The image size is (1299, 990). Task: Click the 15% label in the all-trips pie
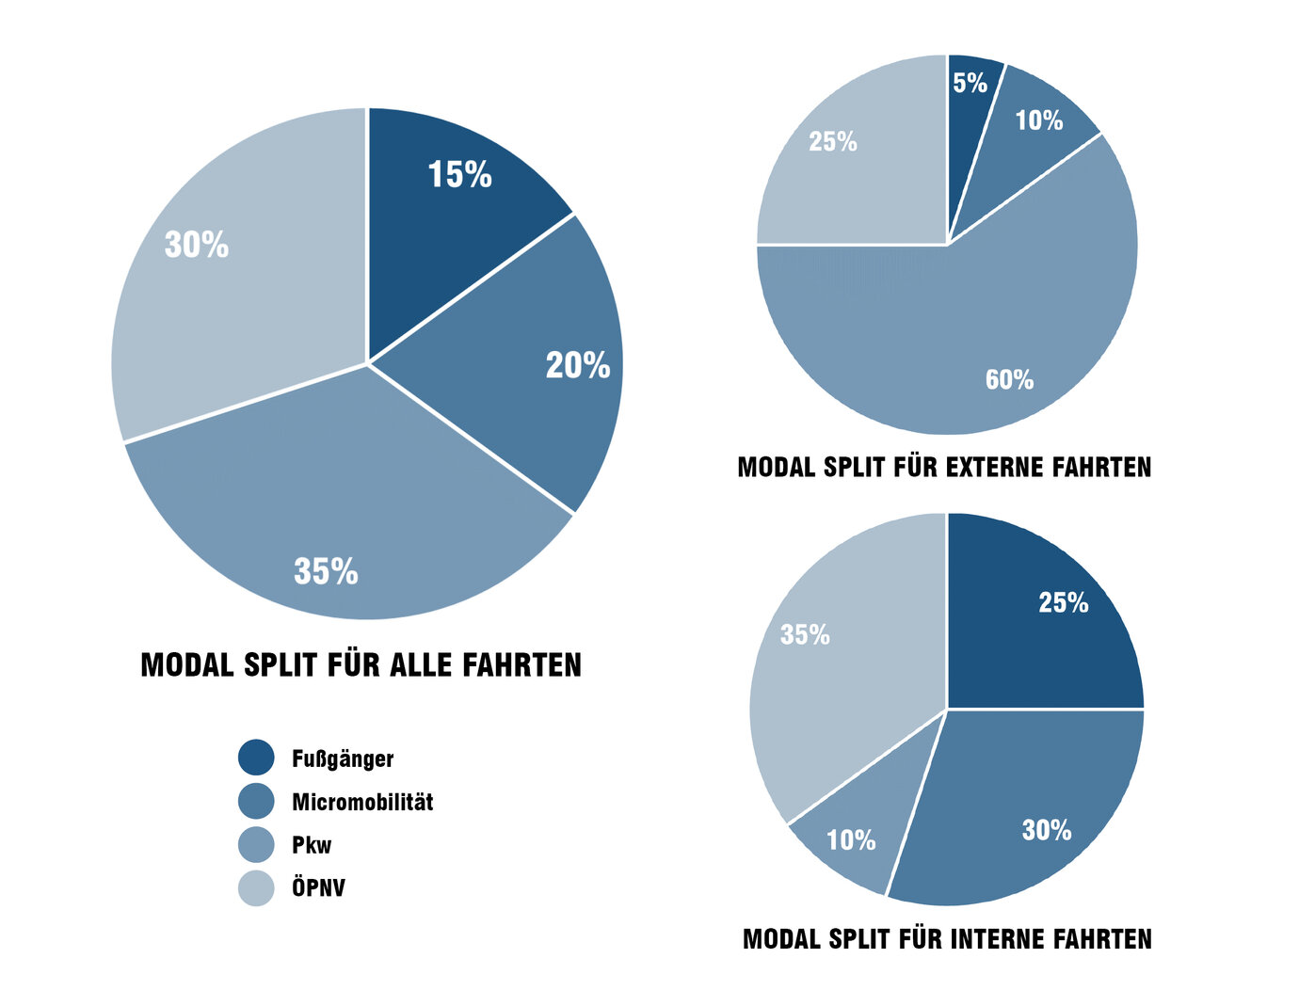459,175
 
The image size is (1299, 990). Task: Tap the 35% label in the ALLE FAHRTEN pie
326,571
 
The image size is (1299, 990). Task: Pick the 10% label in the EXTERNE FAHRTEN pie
1038,120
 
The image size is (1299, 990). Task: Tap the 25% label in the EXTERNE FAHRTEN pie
833,142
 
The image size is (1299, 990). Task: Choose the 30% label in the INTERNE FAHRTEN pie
1047,830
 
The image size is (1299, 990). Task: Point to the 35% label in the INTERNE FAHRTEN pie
805,635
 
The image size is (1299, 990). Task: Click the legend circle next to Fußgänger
256,758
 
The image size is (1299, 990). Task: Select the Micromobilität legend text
362,802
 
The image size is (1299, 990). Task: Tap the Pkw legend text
312,845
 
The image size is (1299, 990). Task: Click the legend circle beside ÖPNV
256,888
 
